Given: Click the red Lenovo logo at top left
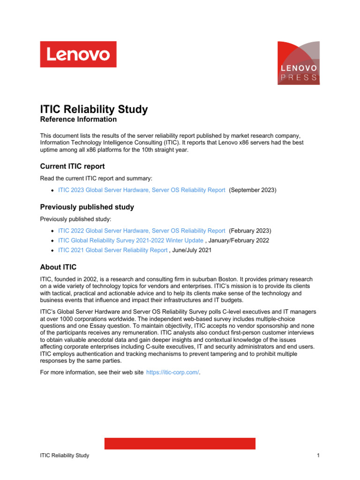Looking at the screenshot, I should pyautogui.click(x=78, y=54).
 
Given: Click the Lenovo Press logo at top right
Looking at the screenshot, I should pyautogui.click(x=299, y=63).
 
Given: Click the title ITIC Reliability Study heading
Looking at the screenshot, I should pyautogui.click(x=94, y=110).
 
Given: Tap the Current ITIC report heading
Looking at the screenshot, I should pyautogui.click(x=72, y=166).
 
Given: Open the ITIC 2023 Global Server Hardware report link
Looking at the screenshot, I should pyautogui.click(x=142, y=190).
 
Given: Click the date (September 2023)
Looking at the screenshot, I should pyautogui.click(x=253, y=190).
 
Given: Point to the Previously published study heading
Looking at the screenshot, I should pyautogui.click(x=87, y=207).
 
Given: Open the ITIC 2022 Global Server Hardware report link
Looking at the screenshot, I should pyautogui.click(x=142, y=231).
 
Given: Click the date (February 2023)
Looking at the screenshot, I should pyautogui.click(x=250, y=231).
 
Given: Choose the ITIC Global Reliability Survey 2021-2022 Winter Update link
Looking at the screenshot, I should pyautogui.click(x=131, y=240).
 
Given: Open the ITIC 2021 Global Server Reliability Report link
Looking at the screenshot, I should pyautogui.click(x=112, y=250).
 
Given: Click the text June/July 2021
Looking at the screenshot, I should pyautogui.click(x=192, y=250).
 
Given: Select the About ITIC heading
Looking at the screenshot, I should pyautogui.click(x=58, y=267).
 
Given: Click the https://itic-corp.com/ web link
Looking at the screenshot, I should pyautogui.click(x=173, y=372).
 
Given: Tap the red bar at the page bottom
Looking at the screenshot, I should pyautogui.click(x=180, y=443).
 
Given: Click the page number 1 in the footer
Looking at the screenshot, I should pyautogui.click(x=318, y=456).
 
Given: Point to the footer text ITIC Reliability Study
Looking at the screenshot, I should pyautogui.click(x=65, y=456).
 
